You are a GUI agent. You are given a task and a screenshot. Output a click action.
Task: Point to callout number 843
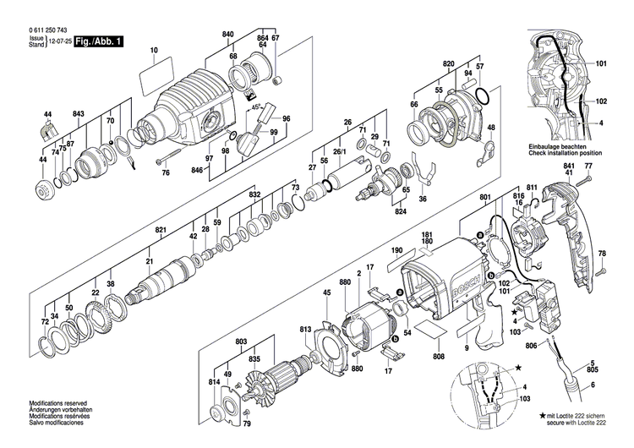(x=79, y=113)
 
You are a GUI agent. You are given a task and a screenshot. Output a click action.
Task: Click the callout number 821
(x=161, y=229)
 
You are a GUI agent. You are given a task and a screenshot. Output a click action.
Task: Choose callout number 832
(x=254, y=194)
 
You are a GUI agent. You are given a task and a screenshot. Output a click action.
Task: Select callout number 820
(x=448, y=64)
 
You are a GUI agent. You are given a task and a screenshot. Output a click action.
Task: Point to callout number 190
(x=396, y=251)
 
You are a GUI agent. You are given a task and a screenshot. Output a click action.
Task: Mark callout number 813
(x=305, y=329)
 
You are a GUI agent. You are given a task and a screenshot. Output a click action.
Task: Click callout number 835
(x=254, y=358)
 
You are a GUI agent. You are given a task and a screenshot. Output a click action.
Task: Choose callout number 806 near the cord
(x=531, y=346)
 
